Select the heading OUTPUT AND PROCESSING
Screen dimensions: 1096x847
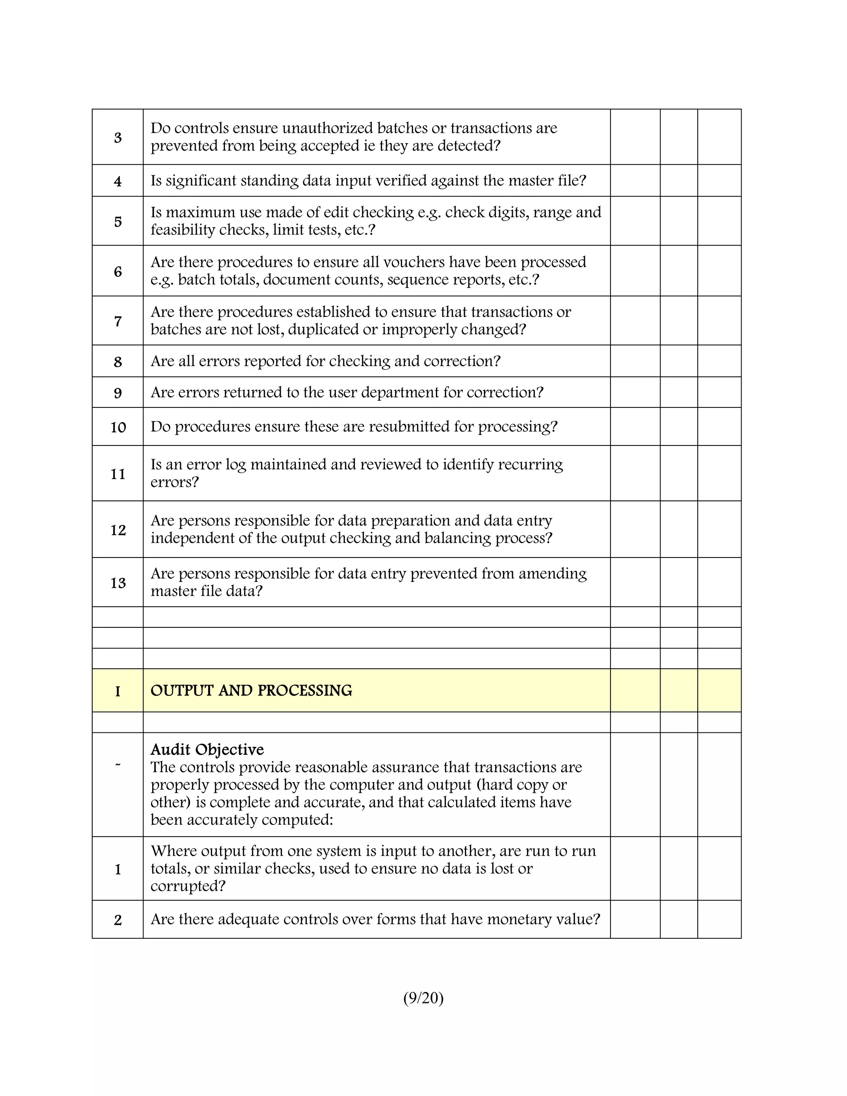point(251,691)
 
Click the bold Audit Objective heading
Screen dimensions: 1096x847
point(207,750)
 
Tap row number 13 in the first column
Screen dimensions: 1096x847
point(118,583)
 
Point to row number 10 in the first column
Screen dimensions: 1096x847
point(118,427)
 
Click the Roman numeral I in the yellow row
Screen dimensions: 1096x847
point(118,692)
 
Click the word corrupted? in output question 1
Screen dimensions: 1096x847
point(188,886)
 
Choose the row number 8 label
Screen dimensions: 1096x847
point(118,362)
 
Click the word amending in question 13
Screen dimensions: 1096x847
point(552,574)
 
